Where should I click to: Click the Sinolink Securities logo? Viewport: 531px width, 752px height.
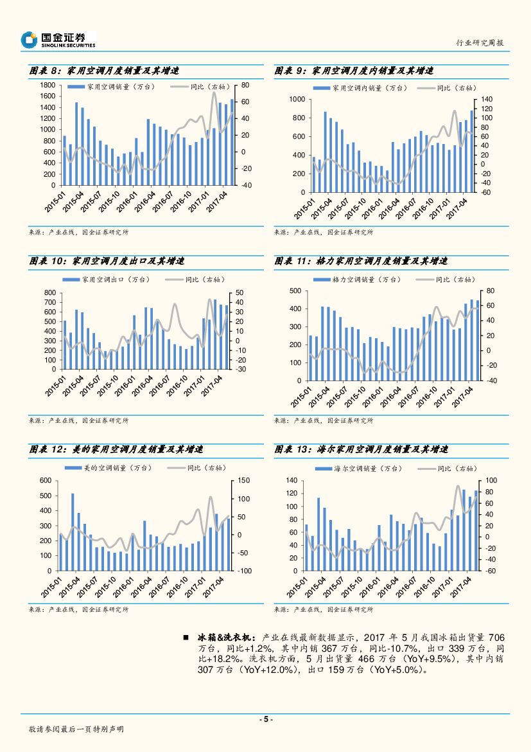coord(58,40)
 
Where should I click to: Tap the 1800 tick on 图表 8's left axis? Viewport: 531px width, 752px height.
coord(46,85)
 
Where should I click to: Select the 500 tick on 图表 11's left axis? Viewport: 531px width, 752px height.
coord(293,291)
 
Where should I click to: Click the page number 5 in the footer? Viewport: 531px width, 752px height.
coord(265,719)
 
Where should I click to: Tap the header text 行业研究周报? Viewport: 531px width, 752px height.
coord(479,42)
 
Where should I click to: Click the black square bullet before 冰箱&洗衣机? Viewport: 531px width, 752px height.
coord(186,637)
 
